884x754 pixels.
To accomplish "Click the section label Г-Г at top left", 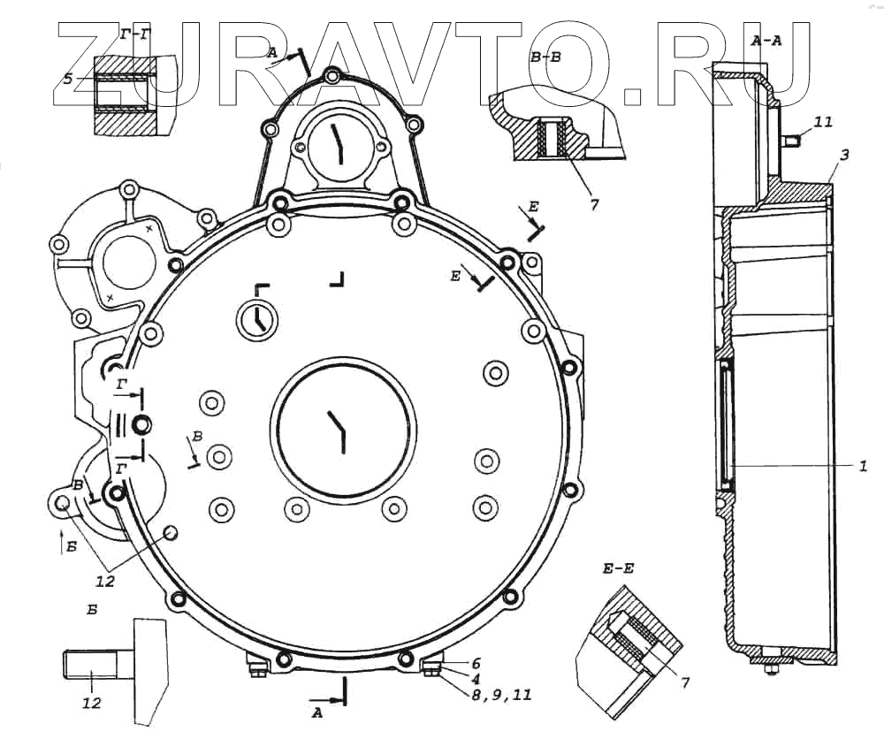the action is pos(134,35).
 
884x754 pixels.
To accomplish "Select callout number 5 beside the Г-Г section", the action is pos(68,79).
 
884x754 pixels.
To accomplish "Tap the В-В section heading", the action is pos(545,57).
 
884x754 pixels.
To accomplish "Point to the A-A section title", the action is pos(766,40).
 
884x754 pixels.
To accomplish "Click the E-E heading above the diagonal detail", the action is pos(619,569).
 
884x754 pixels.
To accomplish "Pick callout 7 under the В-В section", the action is pos(594,204).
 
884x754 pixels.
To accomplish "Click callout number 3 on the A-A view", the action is pos(844,155).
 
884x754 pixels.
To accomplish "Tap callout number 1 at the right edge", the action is pos(863,467).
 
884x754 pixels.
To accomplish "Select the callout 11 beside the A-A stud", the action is pos(823,122).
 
